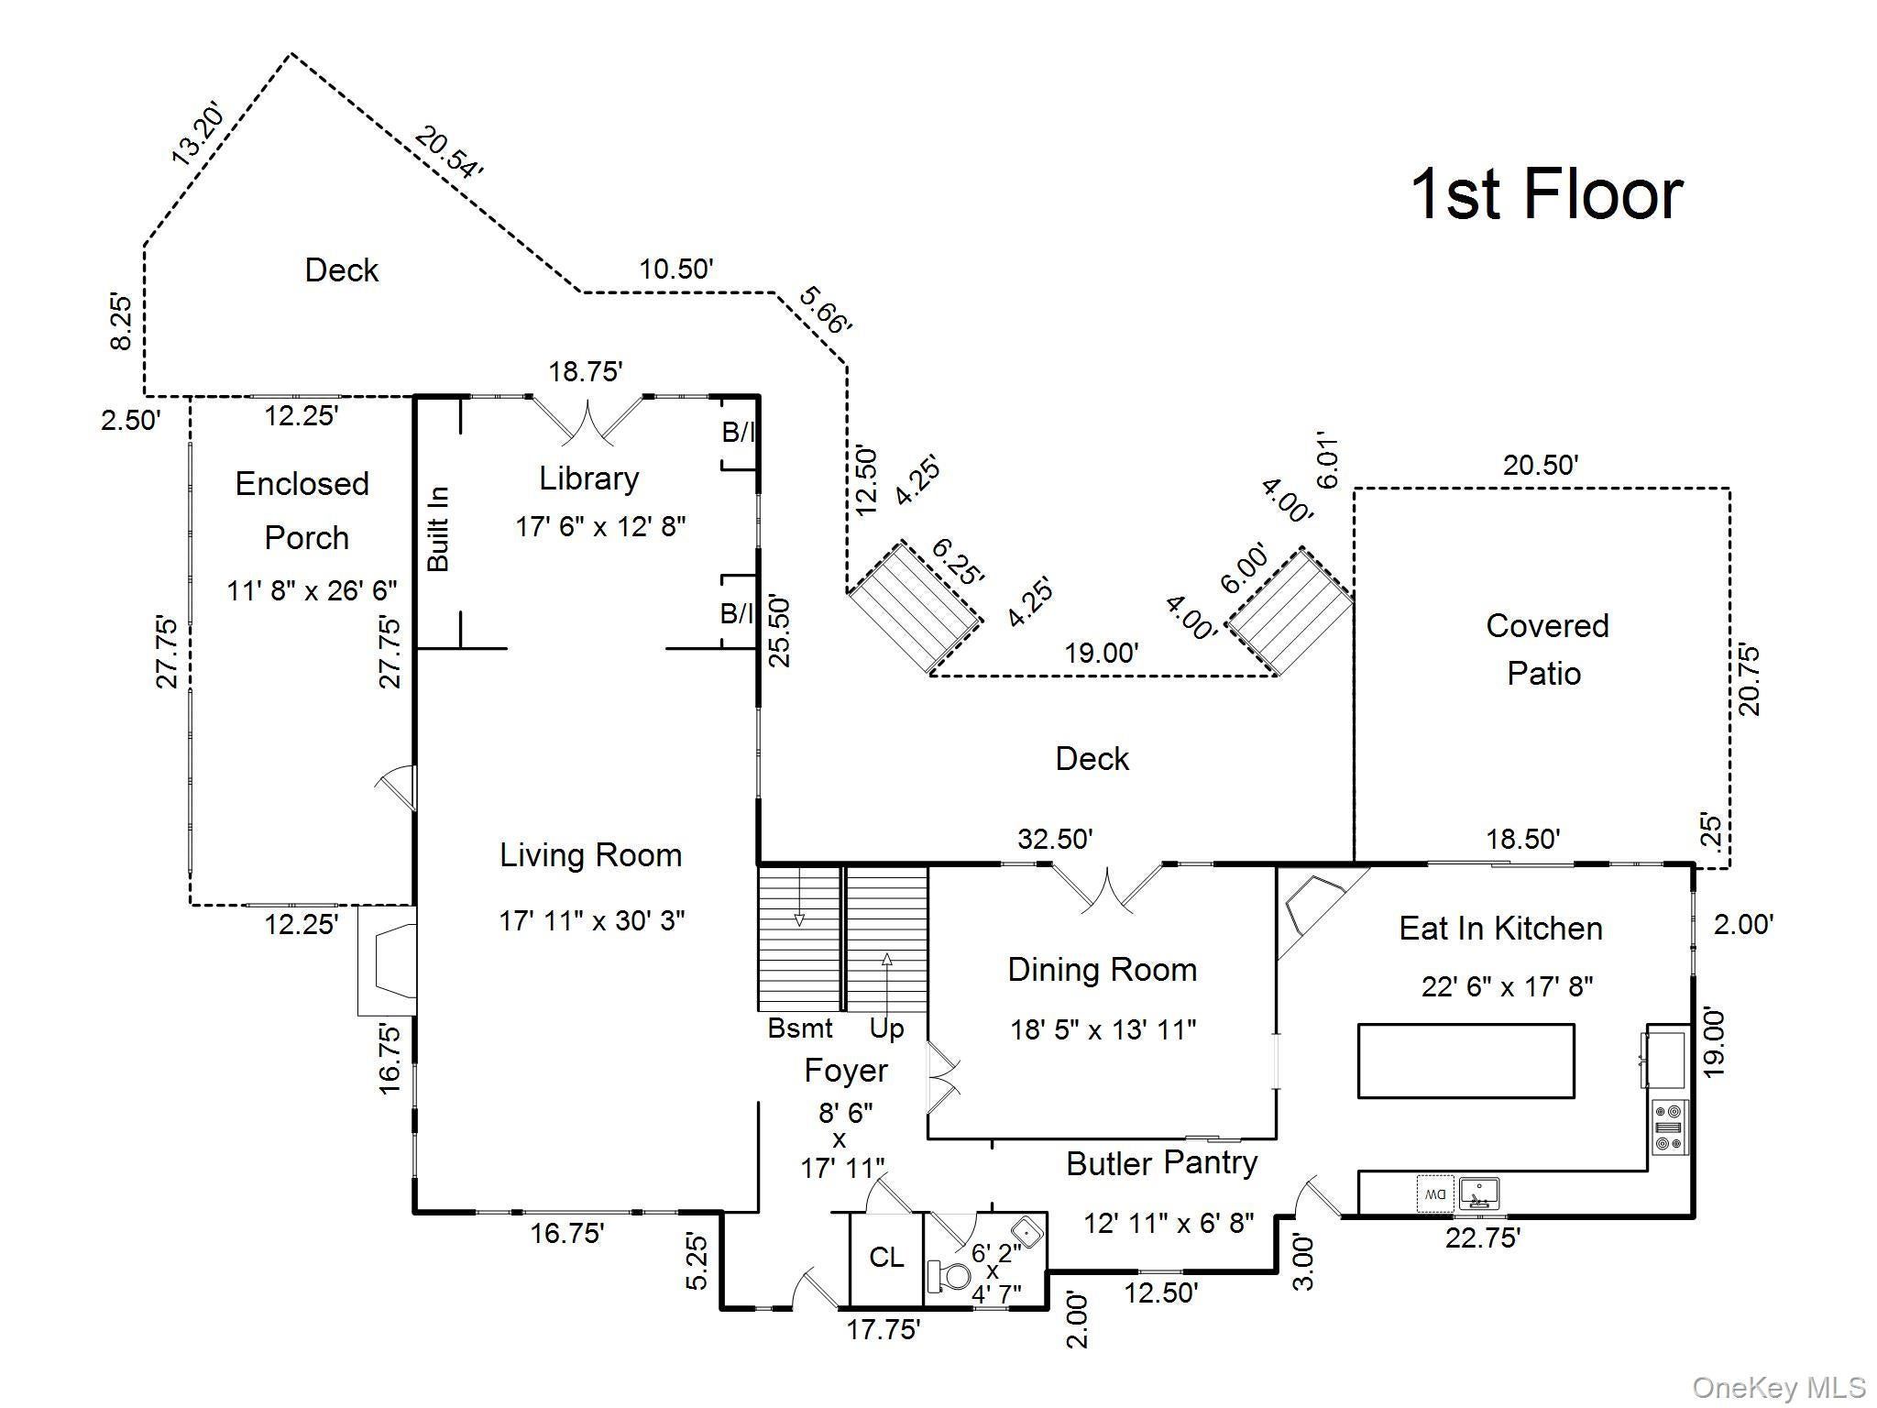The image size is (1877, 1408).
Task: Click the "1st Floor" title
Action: [1546, 193]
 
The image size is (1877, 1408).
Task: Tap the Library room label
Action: [588, 478]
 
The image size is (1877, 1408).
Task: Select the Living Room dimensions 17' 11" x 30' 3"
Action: [592, 920]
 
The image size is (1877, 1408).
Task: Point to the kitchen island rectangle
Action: [1466, 1061]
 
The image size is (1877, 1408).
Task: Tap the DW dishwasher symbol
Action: [1434, 1193]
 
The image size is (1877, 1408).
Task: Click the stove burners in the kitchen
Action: [1669, 1127]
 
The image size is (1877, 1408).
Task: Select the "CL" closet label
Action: [886, 1257]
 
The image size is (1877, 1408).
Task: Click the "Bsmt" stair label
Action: [800, 1028]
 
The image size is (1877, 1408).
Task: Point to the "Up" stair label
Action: [886, 1029]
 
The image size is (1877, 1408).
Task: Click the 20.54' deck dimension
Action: [447, 152]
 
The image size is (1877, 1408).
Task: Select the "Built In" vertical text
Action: [439, 529]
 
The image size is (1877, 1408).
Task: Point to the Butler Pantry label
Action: [1162, 1163]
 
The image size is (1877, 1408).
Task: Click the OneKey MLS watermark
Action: [1779, 1388]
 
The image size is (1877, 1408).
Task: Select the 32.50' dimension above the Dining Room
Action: [1055, 839]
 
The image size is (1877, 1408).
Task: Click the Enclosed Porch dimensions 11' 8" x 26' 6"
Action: [313, 590]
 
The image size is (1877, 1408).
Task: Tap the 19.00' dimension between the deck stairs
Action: [1102, 654]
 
